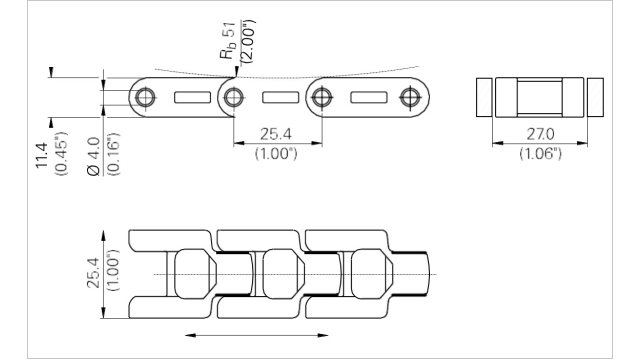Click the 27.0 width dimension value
[x=540, y=134]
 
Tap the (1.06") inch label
[x=540, y=153]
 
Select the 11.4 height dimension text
[x=41, y=155]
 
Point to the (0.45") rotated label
[x=62, y=153]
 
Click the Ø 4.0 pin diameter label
[x=93, y=156]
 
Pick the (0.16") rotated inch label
[x=114, y=154]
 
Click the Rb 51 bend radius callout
[x=229, y=41]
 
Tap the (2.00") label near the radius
[x=248, y=42]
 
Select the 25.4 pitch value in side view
[x=276, y=134]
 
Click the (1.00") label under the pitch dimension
[x=276, y=153]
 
